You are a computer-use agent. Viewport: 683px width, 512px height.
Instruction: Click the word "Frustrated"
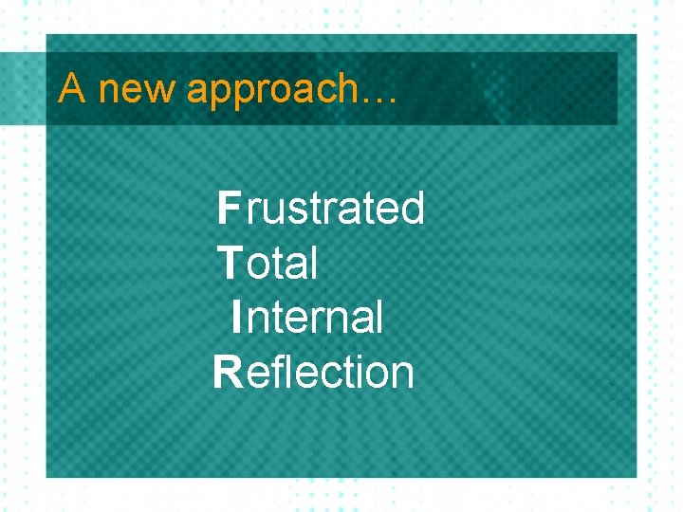(321, 208)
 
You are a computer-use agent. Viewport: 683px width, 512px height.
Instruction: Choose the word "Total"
(268, 263)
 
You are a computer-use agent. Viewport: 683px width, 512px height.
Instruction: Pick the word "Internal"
(306, 317)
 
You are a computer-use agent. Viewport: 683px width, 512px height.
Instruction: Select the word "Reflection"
(314, 373)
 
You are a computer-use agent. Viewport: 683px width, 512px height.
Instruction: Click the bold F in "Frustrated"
(229, 208)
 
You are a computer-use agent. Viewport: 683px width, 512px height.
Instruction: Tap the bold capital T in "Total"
(230, 263)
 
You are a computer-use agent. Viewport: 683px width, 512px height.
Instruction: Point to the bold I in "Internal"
(236, 317)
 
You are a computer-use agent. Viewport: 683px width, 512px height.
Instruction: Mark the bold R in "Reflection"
(228, 373)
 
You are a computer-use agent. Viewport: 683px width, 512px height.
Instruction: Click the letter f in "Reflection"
(276, 372)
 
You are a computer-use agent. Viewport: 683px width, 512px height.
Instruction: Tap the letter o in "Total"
(261, 265)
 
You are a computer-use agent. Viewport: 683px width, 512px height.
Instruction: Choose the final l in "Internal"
(378, 317)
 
